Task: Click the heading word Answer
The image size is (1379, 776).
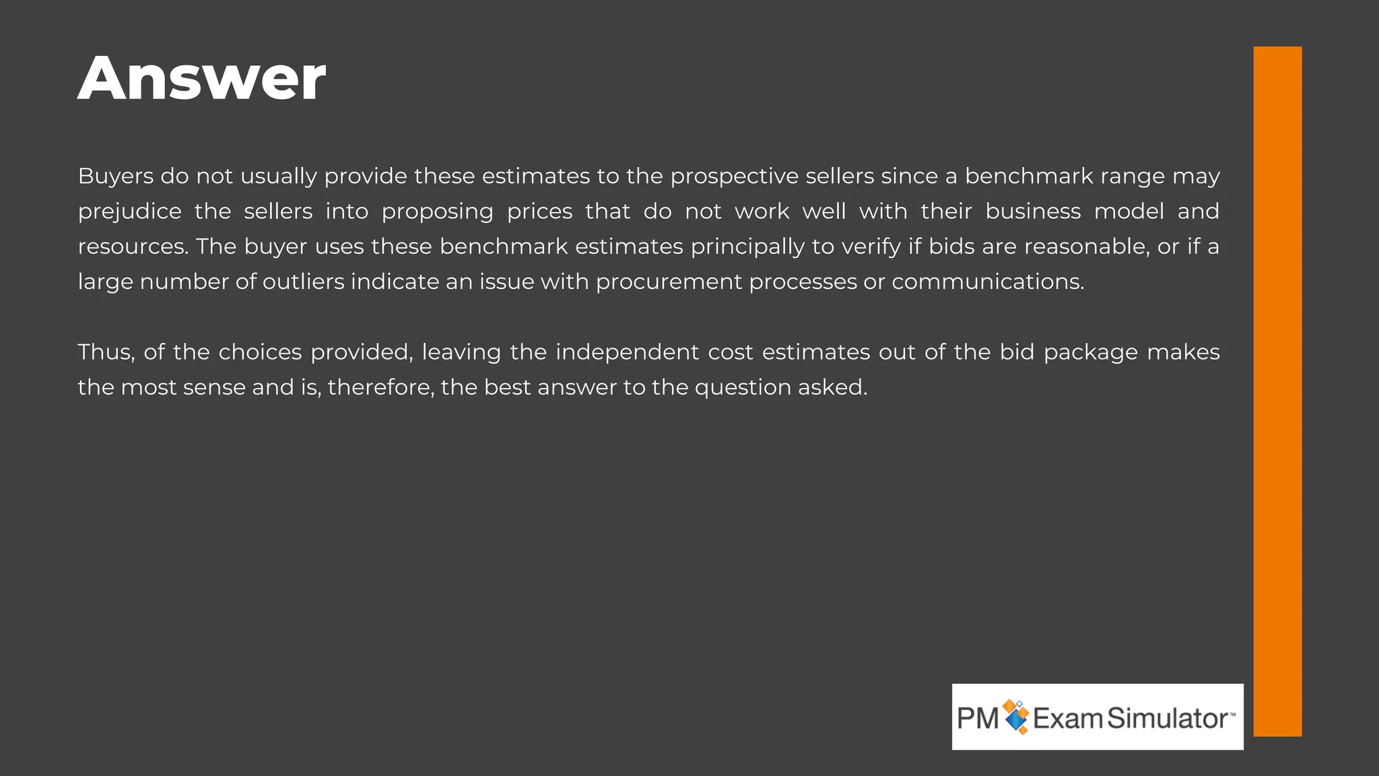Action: point(201,79)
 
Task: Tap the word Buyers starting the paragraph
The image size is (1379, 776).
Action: point(115,176)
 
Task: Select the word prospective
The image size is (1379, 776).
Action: point(734,176)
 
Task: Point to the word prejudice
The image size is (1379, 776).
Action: point(129,212)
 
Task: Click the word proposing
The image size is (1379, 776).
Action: point(437,212)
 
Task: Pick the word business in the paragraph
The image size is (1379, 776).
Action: point(1033,212)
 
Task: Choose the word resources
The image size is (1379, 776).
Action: point(133,247)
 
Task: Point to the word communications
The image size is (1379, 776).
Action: point(988,282)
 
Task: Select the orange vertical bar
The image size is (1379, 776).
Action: point(1277,391)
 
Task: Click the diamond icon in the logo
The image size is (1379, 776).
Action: point(1016,717)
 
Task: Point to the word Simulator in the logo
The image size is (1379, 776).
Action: point(1167,718)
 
